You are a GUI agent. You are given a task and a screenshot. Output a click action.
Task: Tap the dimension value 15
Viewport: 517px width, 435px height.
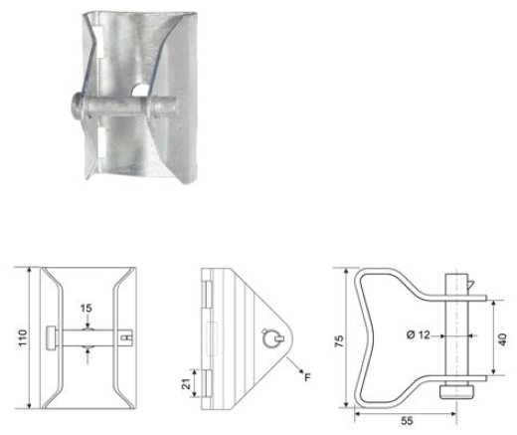pyautogui.click(x=87, y=311)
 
